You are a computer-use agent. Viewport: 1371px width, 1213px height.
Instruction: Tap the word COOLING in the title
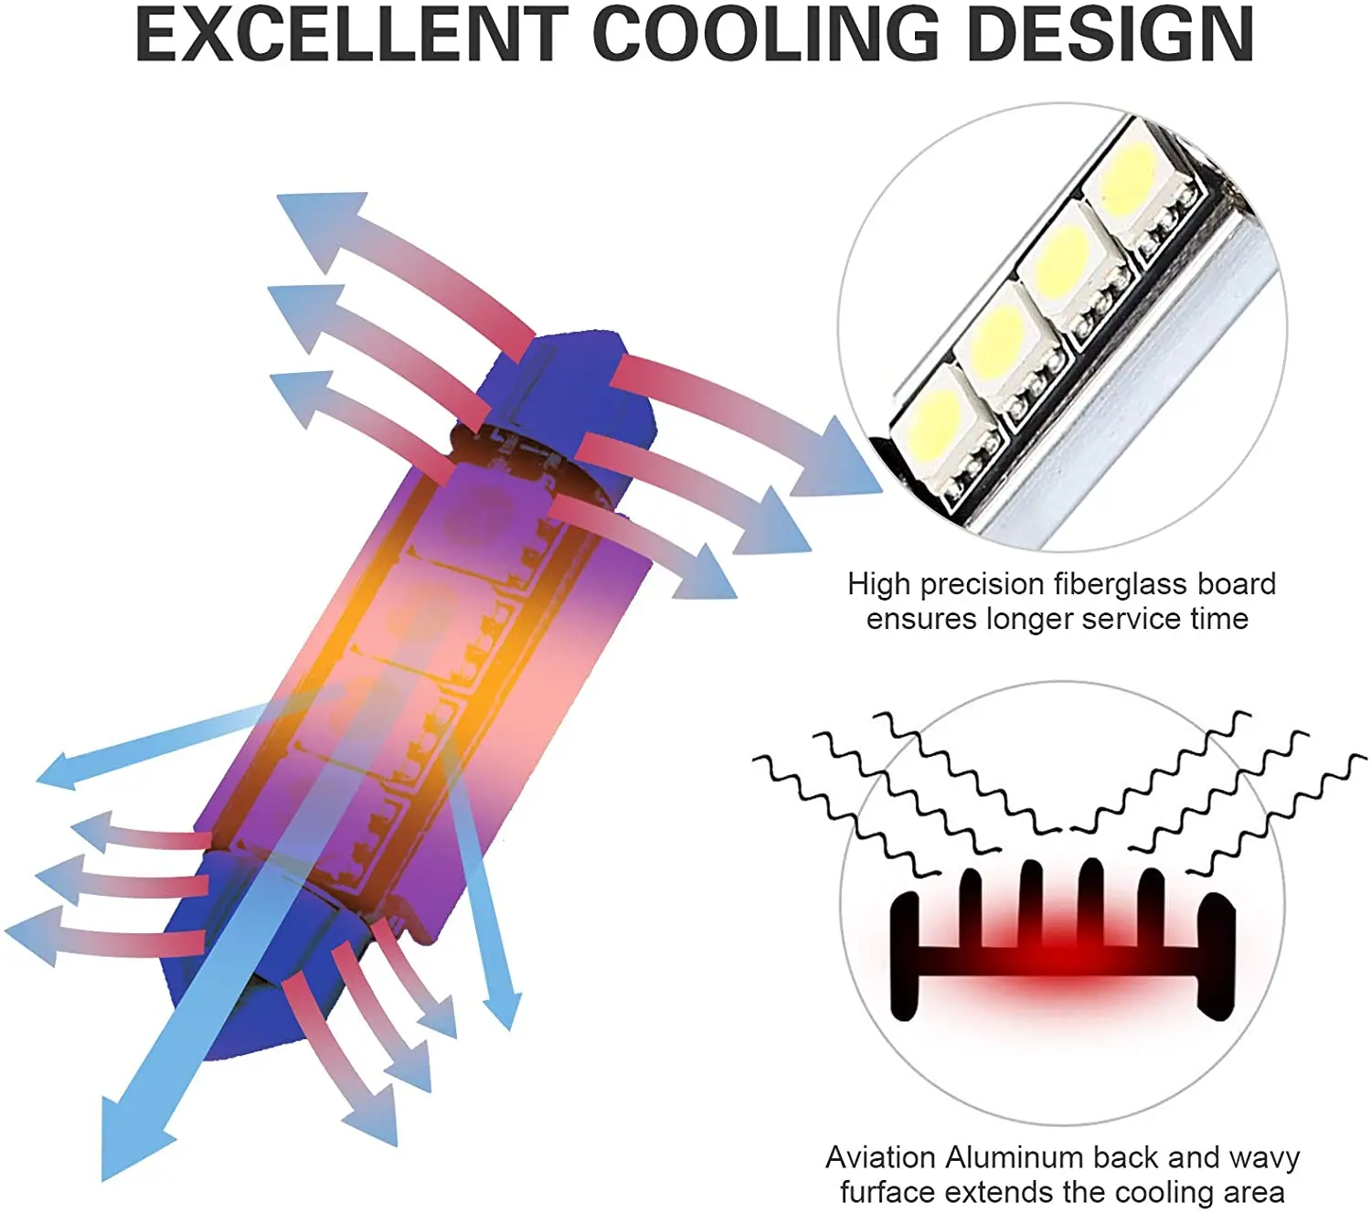[x=766, y=35]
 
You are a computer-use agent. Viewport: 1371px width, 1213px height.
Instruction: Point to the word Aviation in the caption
[x=882, y=1158]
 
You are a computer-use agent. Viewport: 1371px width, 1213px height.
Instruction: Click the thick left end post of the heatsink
[x=905, y=955]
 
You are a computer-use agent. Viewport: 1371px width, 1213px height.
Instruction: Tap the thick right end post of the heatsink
[x=1217, y=955]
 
